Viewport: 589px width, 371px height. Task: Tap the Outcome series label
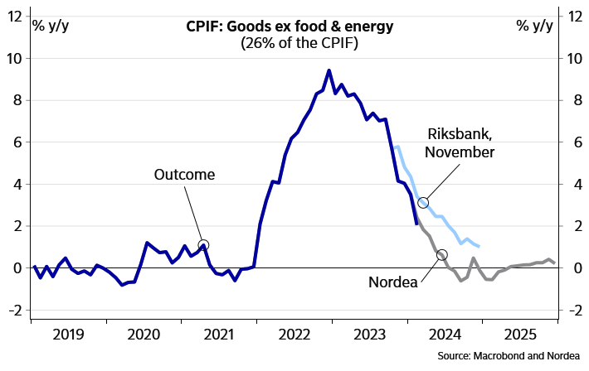click(x=184, y=176)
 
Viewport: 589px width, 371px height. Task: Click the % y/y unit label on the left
click(x=50, y=25)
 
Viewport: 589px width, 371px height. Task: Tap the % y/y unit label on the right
click(x=534, y=25)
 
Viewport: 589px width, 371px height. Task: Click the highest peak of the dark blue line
click(x=329, y=70)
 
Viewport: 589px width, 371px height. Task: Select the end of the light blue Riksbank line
click(x=479, y=246)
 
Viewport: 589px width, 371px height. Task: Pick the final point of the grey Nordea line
click(x=554, y=263)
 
